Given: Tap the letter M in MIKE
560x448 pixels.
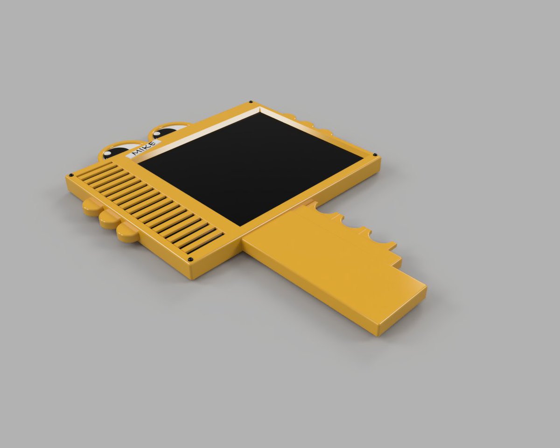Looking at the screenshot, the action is (x=137, y=152).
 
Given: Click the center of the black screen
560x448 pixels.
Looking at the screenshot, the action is (x=250, y=168).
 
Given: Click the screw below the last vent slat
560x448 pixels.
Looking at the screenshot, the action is (x=191, y=259).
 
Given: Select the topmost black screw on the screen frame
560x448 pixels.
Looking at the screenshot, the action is (x=251, y=102).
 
